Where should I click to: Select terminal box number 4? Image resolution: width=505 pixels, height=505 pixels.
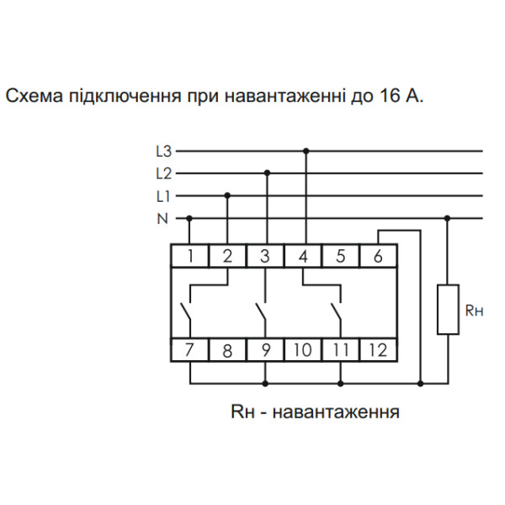[303, 256]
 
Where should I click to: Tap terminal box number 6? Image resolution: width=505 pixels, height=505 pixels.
[378, 256]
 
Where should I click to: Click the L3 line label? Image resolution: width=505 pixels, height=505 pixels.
[163, 151]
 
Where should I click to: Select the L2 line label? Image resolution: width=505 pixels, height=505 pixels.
[163, 173]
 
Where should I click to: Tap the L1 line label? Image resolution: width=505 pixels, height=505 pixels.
[163, 195]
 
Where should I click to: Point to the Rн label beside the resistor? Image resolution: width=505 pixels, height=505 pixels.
[474, 310]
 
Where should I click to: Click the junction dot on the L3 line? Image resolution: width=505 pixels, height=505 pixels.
[306, 151]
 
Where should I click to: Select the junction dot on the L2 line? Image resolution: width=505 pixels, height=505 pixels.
[267, 173]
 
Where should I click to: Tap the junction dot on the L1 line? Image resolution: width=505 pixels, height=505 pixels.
[227, 195]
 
